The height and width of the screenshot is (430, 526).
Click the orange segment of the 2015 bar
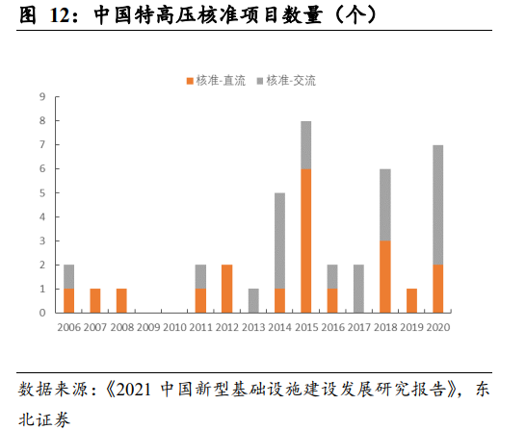305,240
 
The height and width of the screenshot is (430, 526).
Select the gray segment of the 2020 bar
438,205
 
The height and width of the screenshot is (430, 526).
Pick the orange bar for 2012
226,289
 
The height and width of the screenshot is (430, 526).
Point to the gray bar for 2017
358,289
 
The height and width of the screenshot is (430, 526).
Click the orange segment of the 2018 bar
385,277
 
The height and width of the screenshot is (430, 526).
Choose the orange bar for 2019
411,300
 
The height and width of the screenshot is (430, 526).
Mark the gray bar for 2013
253,300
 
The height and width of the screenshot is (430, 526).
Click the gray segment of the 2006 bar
68,276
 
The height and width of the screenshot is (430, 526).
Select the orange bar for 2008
121,300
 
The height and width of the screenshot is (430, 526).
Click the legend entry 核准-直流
218,81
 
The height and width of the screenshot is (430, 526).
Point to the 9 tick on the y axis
43,97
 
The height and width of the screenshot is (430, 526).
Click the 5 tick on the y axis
43,193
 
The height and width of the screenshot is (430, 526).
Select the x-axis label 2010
174,327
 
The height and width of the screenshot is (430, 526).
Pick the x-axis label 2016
332,327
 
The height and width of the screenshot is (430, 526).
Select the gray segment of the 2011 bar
200,276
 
